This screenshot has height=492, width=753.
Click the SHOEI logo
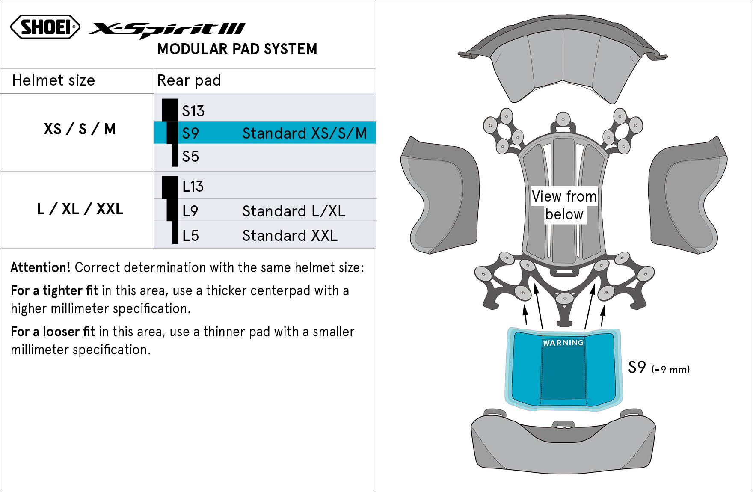coord(45,27)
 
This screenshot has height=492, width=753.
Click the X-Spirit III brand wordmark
coord(167,29)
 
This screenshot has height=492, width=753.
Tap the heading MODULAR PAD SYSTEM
coord(237,49)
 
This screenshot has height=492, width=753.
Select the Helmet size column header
coord(53,80)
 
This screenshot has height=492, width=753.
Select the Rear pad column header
coord(189,80)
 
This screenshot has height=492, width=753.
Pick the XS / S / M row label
coord(80,129)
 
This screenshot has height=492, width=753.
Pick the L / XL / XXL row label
coord(80,209)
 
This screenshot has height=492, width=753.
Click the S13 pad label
coord(193,111)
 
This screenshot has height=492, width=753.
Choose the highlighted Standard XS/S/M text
coord(304,133)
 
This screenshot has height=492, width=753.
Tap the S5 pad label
coord(190,157)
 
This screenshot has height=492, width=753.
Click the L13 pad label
coord(193,187)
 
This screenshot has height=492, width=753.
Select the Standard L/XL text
coord(293,211)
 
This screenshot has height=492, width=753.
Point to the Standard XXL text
coord(290,236)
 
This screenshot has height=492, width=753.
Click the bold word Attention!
coord(40,268)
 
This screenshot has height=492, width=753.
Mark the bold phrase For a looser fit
coord(53,332)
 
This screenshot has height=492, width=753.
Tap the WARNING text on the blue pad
coord(563,343)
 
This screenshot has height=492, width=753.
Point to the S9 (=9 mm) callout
coord(658,368)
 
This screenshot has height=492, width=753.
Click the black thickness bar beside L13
coord(170,187)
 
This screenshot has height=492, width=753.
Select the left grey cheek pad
coord(439,195)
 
